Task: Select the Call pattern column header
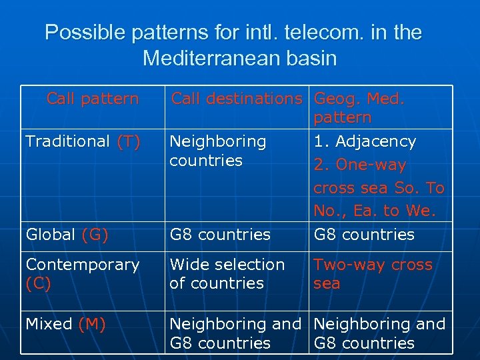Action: coord(93,99)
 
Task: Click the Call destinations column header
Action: coord(237,99)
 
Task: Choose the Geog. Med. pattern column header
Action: coord(359,108)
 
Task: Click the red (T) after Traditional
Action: coord(128,141)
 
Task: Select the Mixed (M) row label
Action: coord(65,325)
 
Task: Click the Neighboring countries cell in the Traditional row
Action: coord(218,151)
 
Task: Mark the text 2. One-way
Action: coord(360,165)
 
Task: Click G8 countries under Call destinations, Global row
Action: coord(220,235)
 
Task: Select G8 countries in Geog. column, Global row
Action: coord(364,235)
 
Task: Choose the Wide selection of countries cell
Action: coord(227,274)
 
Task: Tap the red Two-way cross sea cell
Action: coord(373,274)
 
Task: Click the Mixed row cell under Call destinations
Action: coord(235,334)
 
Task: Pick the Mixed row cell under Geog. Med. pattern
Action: coord(379,334)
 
